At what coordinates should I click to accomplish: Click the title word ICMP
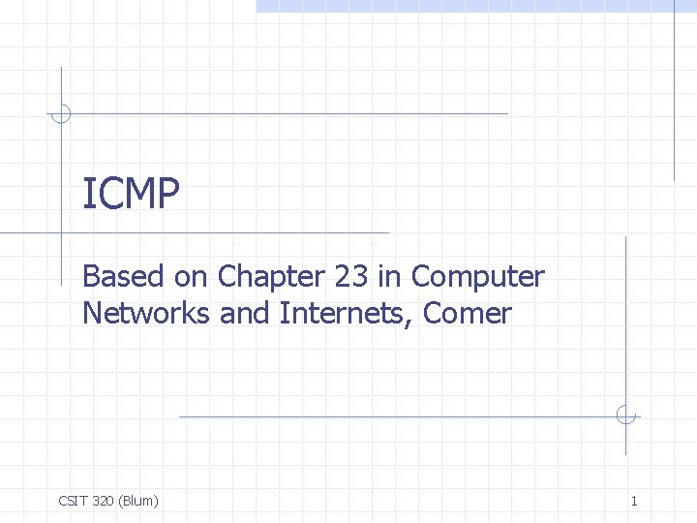(x=131, y=195)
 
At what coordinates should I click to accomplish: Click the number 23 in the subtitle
(x=350, y=277)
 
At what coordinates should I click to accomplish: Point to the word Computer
(x=478, y=277)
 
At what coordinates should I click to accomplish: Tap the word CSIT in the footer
(x=74, y=501)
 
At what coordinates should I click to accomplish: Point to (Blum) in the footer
(x=139, y=501)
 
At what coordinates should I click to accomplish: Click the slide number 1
(x=633, y=501)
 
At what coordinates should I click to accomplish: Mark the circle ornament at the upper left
(x=61, y=113)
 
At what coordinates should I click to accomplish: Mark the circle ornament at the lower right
(x=626, y=416)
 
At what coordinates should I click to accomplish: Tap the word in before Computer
(x=390, y=277)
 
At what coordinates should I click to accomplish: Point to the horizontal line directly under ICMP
(x=223, y=233)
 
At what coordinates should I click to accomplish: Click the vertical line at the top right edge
(x=674, y=97)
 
